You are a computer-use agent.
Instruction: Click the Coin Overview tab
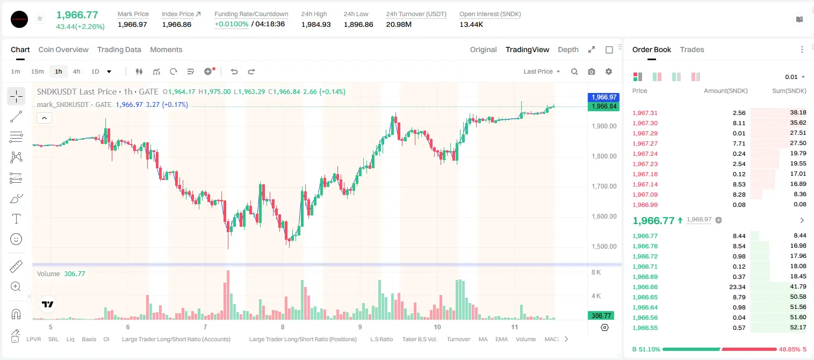coord(63,50)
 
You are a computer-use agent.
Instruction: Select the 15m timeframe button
coord(38,71)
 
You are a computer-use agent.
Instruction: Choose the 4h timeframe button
coord(76,71)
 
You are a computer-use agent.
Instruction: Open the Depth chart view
coord(568,50)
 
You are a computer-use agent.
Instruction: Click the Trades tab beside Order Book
coord(692,50)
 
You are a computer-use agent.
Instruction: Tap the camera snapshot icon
coord(592,71)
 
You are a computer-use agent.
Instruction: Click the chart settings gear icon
coord(609,71)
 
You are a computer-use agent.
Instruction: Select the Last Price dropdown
coord(542,71)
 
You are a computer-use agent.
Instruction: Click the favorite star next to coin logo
coord(40,18)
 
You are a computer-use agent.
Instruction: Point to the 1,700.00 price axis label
coord(604,186)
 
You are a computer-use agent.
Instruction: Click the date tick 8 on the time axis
coord(283,327)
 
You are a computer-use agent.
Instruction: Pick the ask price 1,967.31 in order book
coord(645,113)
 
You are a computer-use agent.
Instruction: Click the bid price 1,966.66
coord(645,287)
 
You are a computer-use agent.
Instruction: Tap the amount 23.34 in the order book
coord(737,287)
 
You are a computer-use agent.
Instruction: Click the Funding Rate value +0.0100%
coord(232,24)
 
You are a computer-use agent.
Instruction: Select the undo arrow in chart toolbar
coord(234,71)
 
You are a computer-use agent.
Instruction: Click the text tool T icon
coord(16,219)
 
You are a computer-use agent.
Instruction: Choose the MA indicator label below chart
coord(483,339)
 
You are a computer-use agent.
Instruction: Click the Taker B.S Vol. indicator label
coord(420,339)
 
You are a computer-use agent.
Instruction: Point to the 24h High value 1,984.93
coord(316,24)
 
